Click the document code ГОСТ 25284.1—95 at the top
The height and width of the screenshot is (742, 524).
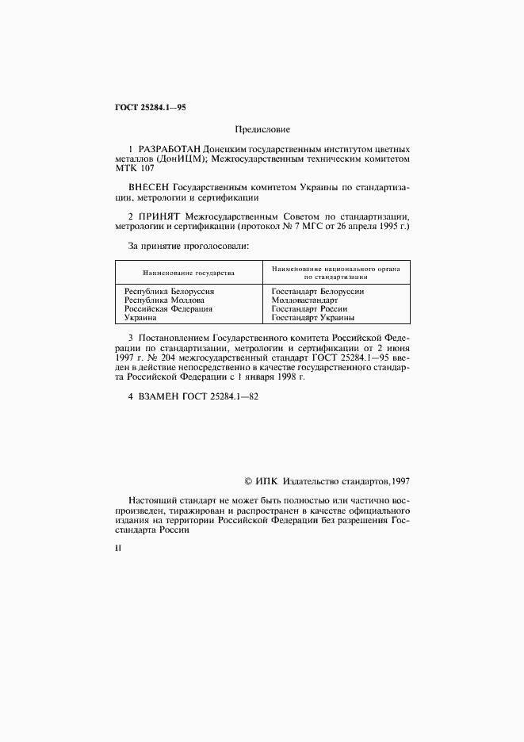pos(151,107)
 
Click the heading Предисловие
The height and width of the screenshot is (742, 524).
pos(262,128)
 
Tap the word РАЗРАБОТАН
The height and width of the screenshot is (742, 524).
pos(170,149)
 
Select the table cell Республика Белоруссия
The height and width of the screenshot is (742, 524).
pos(170,292)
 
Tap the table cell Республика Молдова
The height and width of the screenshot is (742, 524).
pos(164,300)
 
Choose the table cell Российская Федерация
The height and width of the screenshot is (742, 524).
pos(169,309)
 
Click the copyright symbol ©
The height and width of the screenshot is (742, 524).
pos(247,480)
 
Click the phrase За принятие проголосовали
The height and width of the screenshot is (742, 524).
pos(188,246)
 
